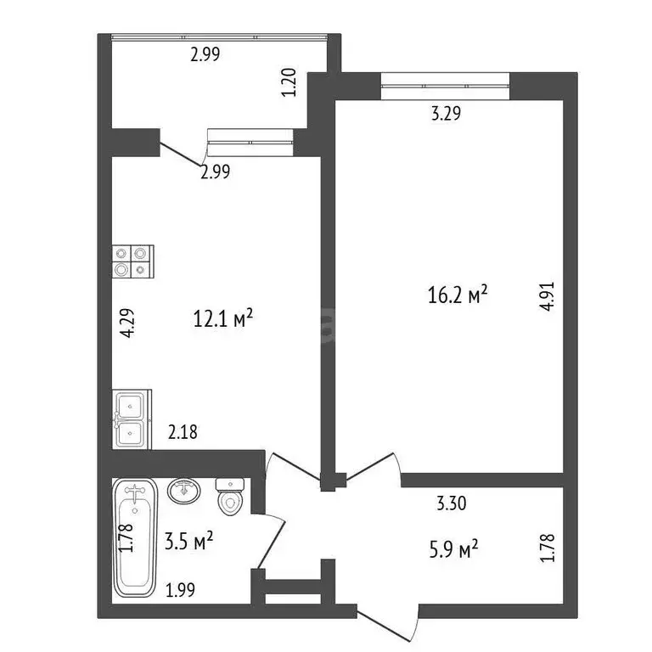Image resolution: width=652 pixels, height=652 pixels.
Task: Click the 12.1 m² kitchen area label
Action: [x=224, y=320]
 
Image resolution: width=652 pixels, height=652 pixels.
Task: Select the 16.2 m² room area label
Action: [x=458, y=296]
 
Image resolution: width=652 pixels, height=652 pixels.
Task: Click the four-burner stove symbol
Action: [x=132, y=261]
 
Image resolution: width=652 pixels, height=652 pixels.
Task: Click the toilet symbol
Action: [x=230, y=497]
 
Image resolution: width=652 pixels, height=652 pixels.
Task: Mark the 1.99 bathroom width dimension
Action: [x=180, y=588]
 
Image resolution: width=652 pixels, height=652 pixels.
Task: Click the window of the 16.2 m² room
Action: [x=445, y=81]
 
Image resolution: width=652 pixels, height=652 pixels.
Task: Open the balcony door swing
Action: [x=183, y=155]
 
